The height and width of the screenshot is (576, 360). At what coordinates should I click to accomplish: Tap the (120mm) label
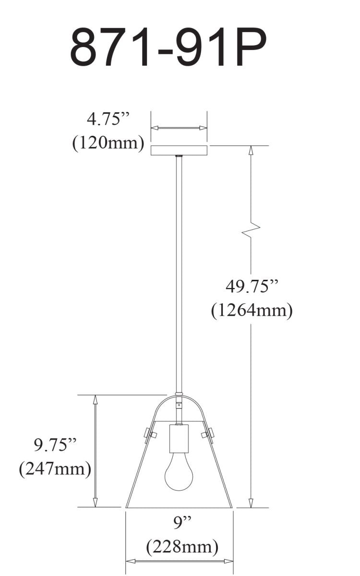(x=108, y=143)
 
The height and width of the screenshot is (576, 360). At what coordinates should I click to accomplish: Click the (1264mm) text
(x=252, y=311)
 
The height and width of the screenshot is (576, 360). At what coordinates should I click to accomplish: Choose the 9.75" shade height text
(x=55, y=445)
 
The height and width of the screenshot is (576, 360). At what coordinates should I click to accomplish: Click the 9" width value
(x=179, y=523)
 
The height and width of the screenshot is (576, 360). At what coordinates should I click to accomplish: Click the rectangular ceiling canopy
(x=179, y=150)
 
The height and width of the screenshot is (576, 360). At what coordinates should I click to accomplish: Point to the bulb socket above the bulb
(x=179, y=439)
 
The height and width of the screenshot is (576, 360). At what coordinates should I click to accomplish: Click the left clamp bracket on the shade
(x=150, y=435)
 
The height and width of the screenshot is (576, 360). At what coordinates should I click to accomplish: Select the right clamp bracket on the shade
(x=207, y=435)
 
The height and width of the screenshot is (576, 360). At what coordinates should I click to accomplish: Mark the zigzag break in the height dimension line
(x=251, y=230)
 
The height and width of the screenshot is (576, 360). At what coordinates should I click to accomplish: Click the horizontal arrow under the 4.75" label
(x=179, y=128)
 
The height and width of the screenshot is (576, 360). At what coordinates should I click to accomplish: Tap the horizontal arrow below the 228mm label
(x=179, y=561)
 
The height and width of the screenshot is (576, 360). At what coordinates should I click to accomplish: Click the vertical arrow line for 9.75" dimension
(x=96, y=451)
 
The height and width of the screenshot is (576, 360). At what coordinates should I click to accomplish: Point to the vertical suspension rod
(x=179, y=274)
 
